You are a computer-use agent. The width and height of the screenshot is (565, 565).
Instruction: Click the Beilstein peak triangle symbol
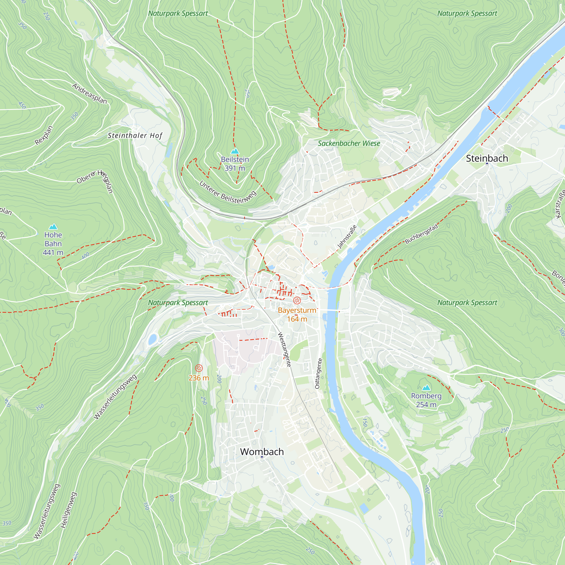pyautogui.click(x=235, y=151)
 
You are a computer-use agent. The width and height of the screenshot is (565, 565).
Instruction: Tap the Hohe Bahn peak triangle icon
pyautogui.click(x=53, y=227)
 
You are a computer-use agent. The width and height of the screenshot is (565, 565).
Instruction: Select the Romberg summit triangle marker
pyautogui.click(x=426, y=388)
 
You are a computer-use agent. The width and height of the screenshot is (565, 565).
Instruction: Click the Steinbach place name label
pyautogui.click(x=487, y=158)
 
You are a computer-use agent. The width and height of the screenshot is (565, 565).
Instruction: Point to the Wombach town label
pyautogui.click(x=262, y=451)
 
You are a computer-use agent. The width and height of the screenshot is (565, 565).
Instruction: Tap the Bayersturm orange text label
pyautogui.click(x=297, y=310)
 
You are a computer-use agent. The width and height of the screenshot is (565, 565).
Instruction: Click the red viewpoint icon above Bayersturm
pyautogui.click(x=297, y=300)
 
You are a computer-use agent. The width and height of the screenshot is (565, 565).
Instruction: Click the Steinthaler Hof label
pyautogui.click(x=135, y=135)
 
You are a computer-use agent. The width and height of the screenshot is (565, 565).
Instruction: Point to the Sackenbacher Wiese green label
pyautogui.click(x=349, y=143)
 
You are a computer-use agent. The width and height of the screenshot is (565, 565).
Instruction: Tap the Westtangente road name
pyautogui.click(x=284, y=349)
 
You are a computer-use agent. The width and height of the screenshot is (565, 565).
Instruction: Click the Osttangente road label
pyautogui.click(x=318, y=373)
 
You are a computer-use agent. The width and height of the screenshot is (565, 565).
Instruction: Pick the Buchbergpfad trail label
pyautogui.click(x=421, y=234)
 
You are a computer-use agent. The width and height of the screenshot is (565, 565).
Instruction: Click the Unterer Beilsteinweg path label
pyautogui.click(x=228, y=192)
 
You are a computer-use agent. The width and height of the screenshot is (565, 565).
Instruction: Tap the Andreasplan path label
pyautogui.click(x=90, y=94)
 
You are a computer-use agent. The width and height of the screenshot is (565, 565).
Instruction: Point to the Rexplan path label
pyautogui.click(x=44, y=135)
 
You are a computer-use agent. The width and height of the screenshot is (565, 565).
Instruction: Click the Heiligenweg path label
pyautogui.click(x=68, y=510)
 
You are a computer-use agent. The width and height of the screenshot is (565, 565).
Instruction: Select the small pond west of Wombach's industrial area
pyautogui.click(x=152, y=340)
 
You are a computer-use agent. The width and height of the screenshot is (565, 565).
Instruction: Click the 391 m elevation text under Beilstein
pyautogui.click(x=234, y=168)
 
